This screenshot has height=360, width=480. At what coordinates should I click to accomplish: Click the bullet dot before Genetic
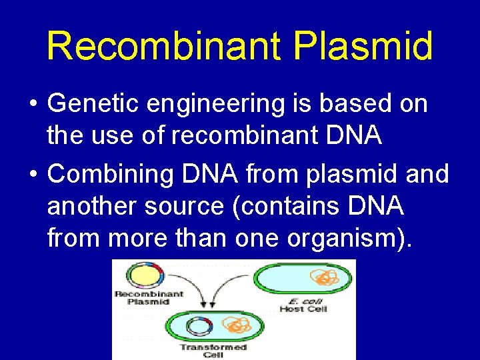pyautogui.click(x=33, y=105)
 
